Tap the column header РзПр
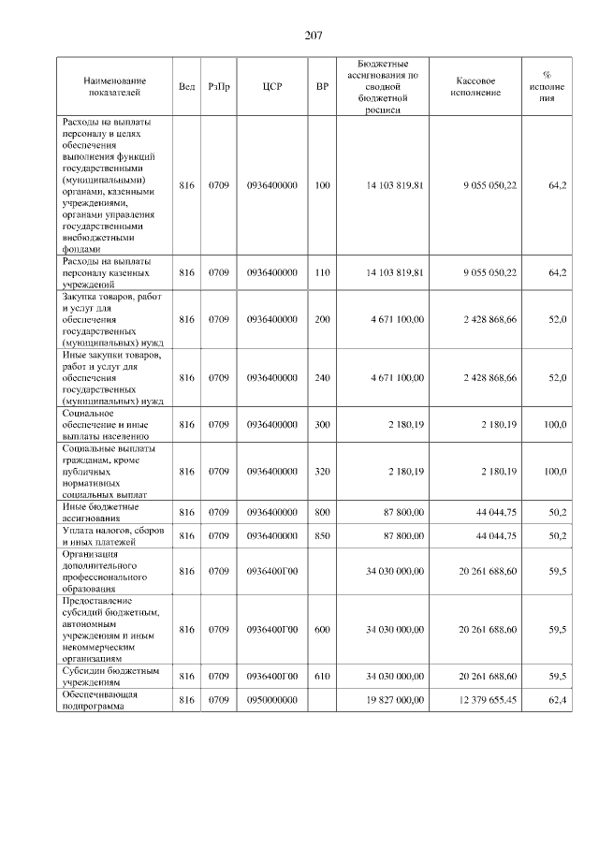click(218, 87)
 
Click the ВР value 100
click(322, 185)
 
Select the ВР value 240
click(322, 377)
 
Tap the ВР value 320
click(322, 472)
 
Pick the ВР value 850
click(322, 535)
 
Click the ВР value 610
click(322, 675)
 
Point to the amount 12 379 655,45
click(482, 700)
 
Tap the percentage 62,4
click(557, 700)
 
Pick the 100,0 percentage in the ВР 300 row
click(555, 425)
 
